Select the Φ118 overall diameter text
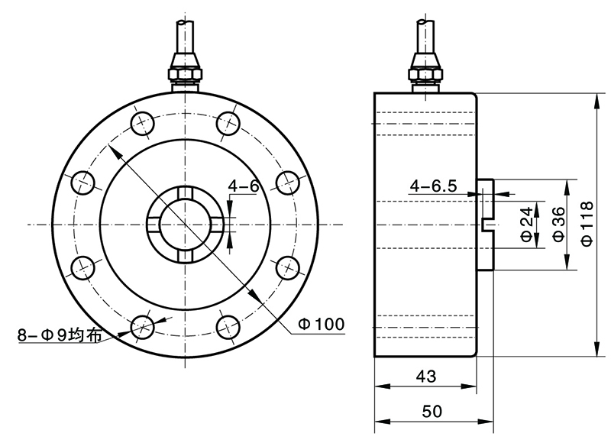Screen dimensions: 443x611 (x=587, y=223)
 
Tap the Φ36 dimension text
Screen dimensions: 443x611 (x=558, y=225)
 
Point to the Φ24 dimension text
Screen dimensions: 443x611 (x=526, y=225)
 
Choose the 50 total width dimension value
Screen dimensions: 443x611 (x=432, y=412)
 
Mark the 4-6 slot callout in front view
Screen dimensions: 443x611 (x=244, y=185)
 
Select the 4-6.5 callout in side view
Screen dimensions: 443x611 (x=433, y=186)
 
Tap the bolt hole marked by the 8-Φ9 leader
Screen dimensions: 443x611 (x=142, y=327)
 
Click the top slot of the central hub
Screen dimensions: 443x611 (x=185, y=192)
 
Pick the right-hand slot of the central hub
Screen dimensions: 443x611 (x=218, y=225)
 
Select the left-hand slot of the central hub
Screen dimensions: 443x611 (x=152, y=225)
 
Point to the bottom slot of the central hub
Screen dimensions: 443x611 (x=185, y=257)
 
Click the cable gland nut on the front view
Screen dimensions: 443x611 (x=185, y=70)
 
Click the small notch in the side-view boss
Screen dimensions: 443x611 (x=487, y=225)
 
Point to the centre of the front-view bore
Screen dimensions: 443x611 (x=185, y=225)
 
